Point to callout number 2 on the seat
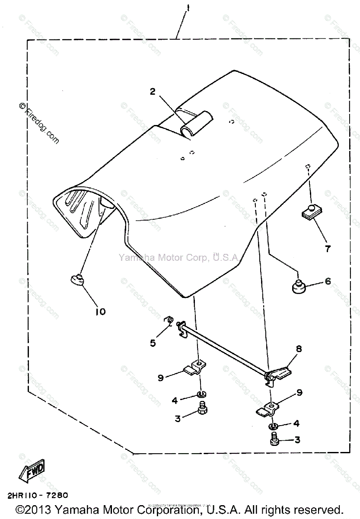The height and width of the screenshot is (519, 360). (x=153, y=91)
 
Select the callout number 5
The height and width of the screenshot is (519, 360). (x=153, y=343)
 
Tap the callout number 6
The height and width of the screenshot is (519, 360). (x=328, y=282)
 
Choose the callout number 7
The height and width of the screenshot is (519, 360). (x=328, y=249)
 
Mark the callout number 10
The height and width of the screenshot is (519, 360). (x=100, y=311)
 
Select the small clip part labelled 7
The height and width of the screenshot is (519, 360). (x=307, y=211)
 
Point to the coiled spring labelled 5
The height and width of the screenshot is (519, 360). (x=170, y=320)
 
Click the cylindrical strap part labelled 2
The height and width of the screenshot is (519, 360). (x=197, y=124)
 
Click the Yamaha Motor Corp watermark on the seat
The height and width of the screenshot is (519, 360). (x=178, y=258)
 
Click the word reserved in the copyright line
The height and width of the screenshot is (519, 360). (x=312, y=509)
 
